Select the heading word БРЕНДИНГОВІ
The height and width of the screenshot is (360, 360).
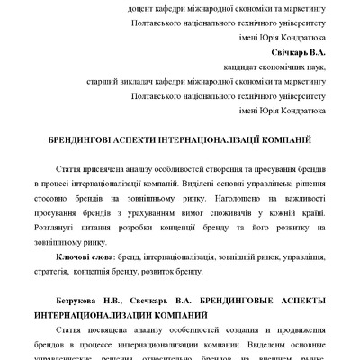(x=84, y=141)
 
